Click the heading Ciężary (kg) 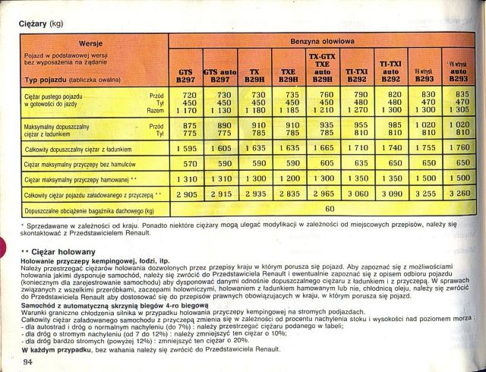click(41, 24)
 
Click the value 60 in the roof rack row click(330, 207)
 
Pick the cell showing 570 click(186, 162)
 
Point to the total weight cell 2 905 click(186, 194)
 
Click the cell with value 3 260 click(459, 194)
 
